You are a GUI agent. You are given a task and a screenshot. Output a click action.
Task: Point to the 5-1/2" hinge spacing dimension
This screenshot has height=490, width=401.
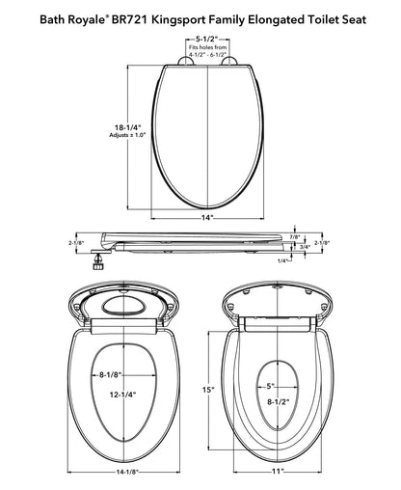point(207,40)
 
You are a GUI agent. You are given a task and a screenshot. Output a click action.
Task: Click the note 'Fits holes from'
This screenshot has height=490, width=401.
point(207,47)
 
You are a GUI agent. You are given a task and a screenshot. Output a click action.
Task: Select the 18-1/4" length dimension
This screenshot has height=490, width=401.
point(128,127)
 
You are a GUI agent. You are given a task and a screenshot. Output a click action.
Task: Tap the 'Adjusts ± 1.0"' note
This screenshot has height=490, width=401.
point(127,135)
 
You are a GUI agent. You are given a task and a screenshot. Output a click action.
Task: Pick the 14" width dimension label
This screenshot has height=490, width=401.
point(207,218)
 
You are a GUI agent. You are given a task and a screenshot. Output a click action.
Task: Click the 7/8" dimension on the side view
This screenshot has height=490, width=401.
point(295,237)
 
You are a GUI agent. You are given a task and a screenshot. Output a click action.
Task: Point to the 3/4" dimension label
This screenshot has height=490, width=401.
point(305,247)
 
